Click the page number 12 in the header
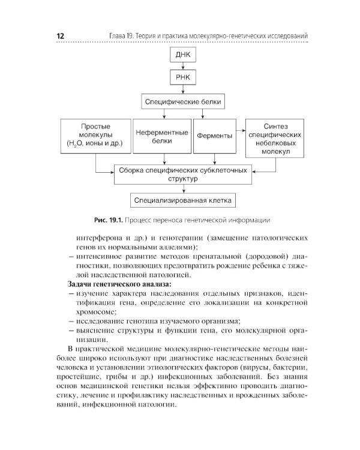(60, 37)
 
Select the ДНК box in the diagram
(183, 56)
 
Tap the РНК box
(183, 79)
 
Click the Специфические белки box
(183, 102)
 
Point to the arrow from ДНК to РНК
(183, 67)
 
